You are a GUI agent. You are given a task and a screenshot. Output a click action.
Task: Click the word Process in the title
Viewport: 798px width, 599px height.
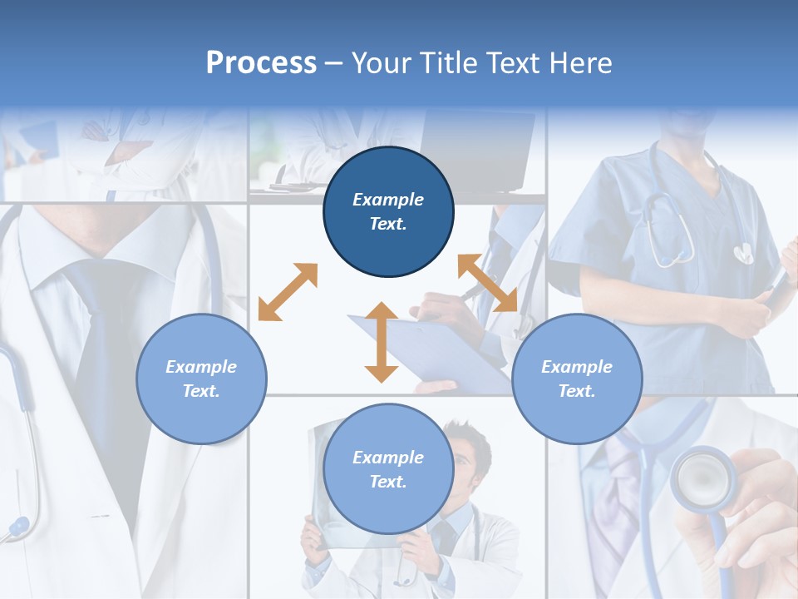point(261,63)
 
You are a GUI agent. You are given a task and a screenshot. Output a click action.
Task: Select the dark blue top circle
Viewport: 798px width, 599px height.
point(388,211)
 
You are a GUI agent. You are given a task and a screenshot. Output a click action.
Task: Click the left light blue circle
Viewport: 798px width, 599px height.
point(201,379)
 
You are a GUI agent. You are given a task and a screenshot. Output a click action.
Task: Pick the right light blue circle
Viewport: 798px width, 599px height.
point(577,379)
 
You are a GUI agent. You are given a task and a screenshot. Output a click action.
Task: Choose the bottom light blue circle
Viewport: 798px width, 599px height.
point(388,469)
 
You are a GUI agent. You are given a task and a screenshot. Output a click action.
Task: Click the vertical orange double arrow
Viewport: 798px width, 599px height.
point(382,342)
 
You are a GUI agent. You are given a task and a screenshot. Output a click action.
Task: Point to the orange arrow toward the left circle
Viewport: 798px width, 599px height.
point(288,292)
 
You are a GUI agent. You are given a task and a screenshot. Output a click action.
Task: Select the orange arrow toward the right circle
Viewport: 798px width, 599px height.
point(487,283)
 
